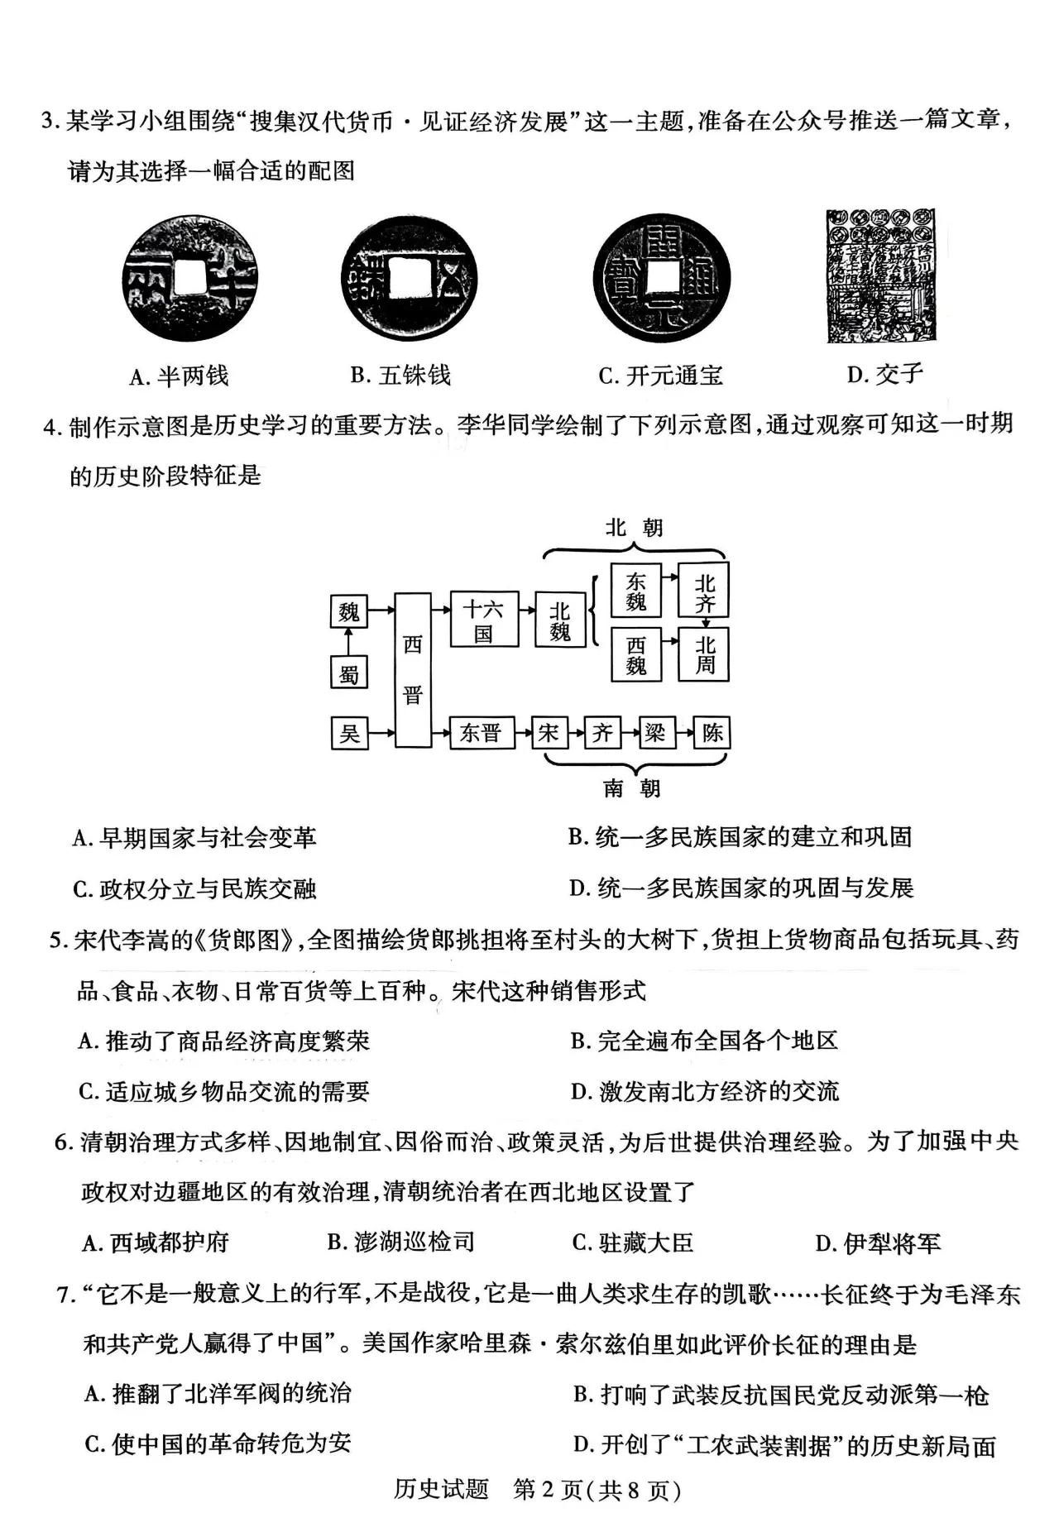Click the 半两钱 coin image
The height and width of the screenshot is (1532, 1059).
pos(189,277)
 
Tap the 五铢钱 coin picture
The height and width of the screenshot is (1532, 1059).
pos(410,277)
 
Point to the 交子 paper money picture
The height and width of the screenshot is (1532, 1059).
pos(881,275)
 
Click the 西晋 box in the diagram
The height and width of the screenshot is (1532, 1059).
pos(412,670)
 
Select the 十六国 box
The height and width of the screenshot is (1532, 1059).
pos(484,620)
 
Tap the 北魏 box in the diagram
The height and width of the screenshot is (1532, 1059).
pos(560,620)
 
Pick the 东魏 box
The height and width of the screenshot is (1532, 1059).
pos(635,591)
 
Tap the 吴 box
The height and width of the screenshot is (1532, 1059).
pos(348,733)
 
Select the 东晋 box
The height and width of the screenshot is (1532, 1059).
pos(482,733)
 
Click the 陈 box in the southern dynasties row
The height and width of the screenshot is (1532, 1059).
pos(712,733)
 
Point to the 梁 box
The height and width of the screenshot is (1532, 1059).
pos(655,733)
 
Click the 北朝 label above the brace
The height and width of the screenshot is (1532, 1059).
pos(634,528)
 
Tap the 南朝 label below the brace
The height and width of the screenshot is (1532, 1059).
pos(632,788)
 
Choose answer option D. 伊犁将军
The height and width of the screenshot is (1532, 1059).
pos(878,1242)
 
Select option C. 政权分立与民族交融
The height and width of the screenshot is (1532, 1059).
pos(195,889)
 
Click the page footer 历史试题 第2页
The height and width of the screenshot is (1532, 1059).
pos(536,1489)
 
